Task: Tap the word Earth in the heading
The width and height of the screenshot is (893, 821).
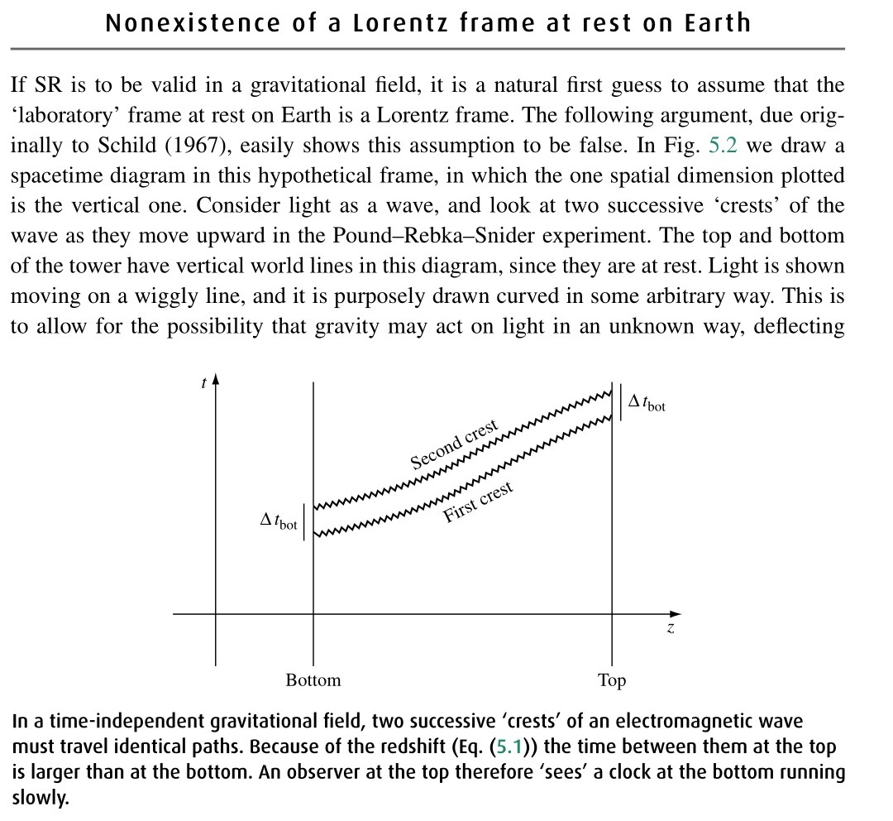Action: coord(717,22)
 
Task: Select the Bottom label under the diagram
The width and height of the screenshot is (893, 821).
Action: coord(313,680)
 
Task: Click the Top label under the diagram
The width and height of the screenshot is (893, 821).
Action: coord(612,680)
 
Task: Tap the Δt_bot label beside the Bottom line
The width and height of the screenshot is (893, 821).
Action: coord(279,521)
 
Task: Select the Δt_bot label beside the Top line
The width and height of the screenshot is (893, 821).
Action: coord(647,403)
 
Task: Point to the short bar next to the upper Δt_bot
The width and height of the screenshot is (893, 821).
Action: coord(621,402)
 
